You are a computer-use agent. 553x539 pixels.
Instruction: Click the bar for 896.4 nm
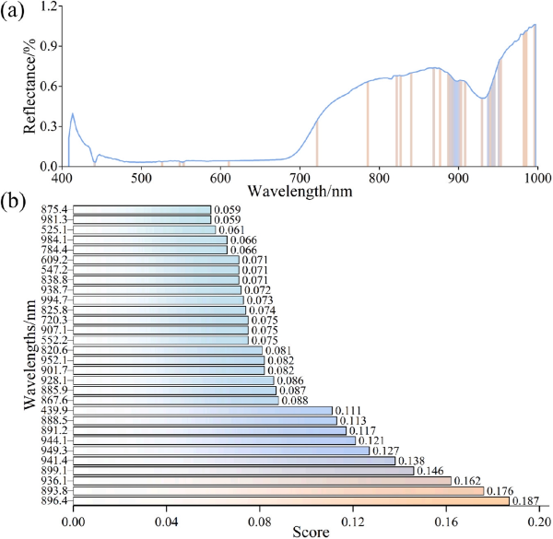(290, 500)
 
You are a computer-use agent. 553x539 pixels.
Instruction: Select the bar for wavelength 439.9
(203, 410)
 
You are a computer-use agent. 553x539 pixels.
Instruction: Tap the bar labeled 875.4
(142, 210)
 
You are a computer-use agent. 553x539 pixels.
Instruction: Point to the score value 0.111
(347, 410)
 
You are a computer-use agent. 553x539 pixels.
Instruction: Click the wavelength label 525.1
(56, 230)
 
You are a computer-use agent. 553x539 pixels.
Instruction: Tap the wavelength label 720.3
(56, 320)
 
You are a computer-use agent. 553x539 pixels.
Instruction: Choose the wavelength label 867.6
(56, 400)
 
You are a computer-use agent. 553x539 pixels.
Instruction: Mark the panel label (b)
(15, 197)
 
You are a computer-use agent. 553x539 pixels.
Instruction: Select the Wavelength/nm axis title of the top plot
(300, 190)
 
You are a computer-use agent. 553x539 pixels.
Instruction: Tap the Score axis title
(305, 532)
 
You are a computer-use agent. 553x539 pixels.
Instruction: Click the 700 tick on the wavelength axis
(300, 176)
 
